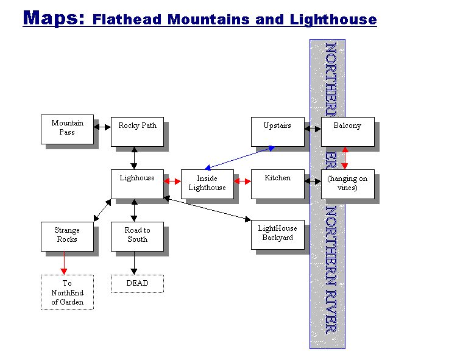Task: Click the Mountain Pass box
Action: tap(67, 129)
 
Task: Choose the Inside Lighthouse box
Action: tap(207, 183)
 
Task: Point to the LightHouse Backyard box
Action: tap(277, 234)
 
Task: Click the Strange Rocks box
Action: tap(67, 236)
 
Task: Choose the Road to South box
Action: tap(137, 236)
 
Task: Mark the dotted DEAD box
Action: tap(137, 283)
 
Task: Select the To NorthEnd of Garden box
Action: tap(67, 292)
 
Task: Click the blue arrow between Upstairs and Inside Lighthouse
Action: tap(239, 157)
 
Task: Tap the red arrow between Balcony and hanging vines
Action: tap(345, 158)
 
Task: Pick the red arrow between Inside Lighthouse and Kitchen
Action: tap(242, 182)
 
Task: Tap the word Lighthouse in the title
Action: tap(334, 19)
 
